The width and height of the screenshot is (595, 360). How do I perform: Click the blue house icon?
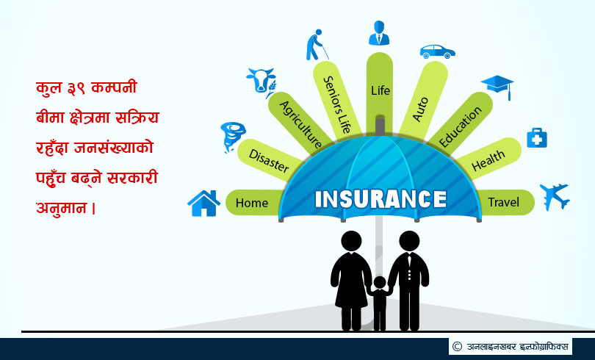point(203,204)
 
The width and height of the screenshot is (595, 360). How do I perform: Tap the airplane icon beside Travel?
point(555,196)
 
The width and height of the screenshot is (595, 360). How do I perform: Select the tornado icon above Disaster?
point(232,137)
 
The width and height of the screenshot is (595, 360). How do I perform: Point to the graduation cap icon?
point(497,87)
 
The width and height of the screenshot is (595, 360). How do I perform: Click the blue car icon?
point(438,51)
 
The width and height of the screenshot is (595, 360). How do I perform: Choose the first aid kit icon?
point(537,137)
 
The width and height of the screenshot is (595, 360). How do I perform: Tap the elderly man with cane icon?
point(317,45)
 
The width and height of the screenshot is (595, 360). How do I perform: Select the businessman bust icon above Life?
point(379,33)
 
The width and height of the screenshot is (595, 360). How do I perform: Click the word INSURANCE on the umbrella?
point(381,199)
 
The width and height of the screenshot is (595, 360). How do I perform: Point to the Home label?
point(251,203)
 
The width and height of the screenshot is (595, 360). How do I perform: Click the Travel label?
point(503,202)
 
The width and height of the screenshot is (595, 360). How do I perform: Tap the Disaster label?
point(269,160)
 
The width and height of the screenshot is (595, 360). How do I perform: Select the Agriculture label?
point(301,124)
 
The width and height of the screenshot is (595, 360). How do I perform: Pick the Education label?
point(461,126)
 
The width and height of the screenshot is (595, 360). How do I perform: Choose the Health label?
point(488,160)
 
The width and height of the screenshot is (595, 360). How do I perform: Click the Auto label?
point(420,109)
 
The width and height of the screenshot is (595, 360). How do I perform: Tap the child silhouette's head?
point(380,283)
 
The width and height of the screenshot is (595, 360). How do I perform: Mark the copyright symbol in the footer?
point(457,346)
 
